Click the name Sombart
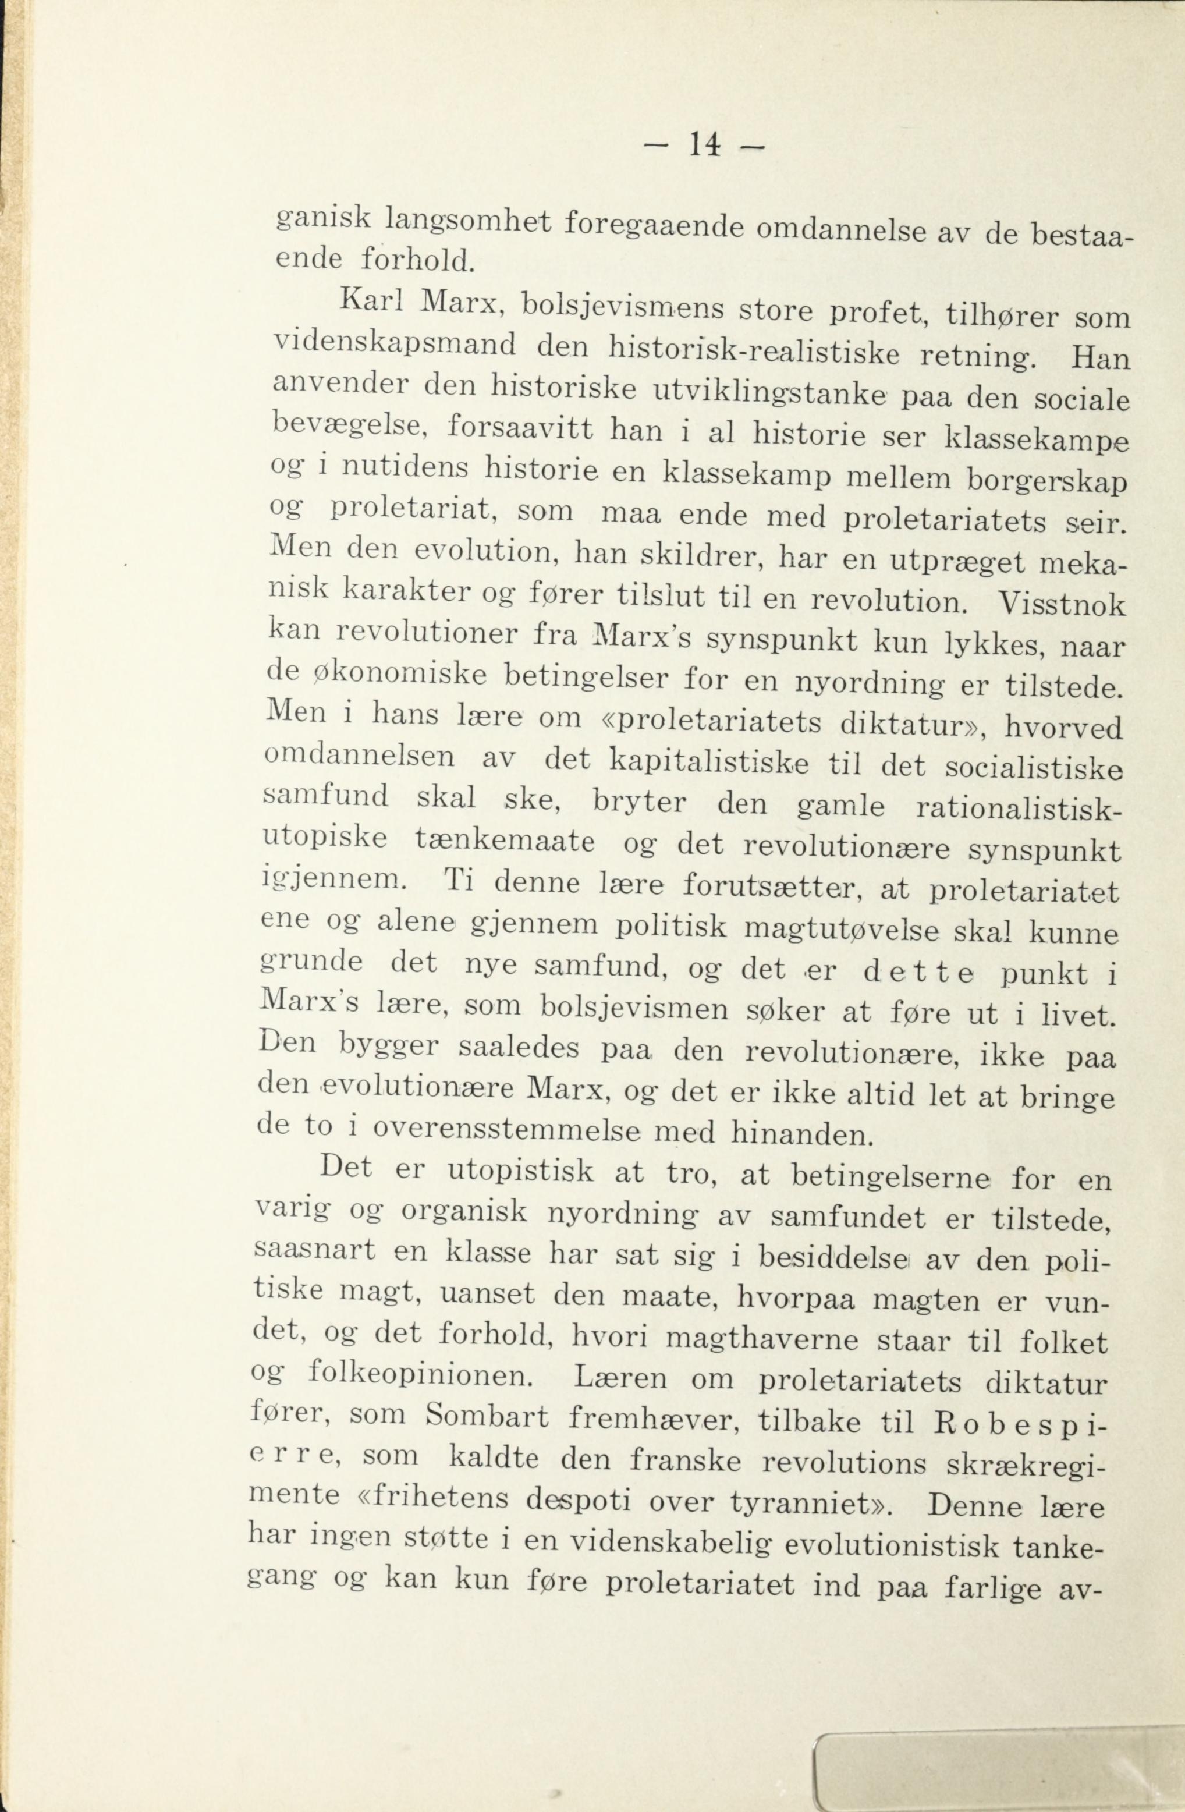(x=487, y=1416)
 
